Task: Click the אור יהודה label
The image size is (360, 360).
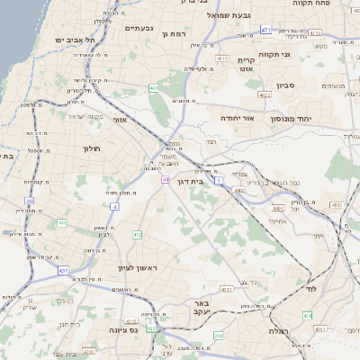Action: pyautogui.click(x=238, y=118)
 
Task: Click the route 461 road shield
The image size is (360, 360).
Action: pyautogui.click(x=154, y=88)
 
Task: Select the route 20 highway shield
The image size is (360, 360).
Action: pyautogui.click(x=29, y=200)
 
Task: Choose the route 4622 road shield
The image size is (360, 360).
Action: pyautogui.click(x=264, y=94)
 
